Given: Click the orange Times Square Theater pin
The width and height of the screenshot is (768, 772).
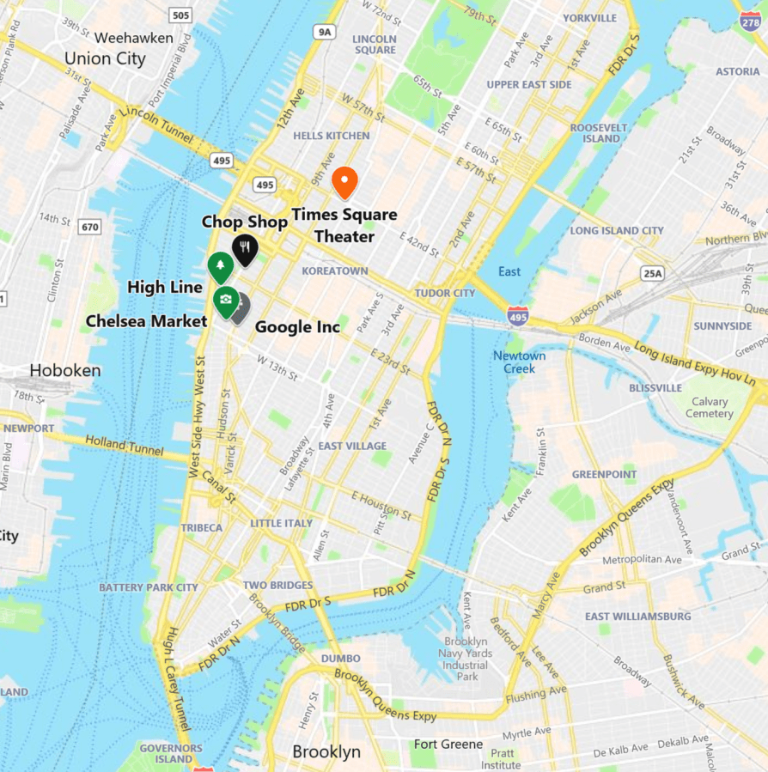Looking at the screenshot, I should pos(344,181).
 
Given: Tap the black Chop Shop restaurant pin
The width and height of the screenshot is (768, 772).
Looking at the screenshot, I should pos(246,248).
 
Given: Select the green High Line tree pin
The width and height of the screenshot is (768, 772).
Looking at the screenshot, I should pos(220,266).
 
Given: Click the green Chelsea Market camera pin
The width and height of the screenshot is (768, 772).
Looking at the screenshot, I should pos(225,300).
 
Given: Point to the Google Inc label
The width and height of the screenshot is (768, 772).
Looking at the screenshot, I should pos(297,327).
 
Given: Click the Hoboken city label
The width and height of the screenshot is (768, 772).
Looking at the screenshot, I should pos(64,370).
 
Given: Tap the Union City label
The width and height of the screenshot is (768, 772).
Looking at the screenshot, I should pos(105,59).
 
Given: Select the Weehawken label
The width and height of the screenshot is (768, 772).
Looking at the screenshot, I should pos(133,38).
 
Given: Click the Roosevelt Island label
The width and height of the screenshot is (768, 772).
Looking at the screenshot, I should pos(595,132).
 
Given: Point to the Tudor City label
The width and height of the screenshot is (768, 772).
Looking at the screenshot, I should pos(445,293).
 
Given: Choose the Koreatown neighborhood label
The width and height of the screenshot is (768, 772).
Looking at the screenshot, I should pos(334,271).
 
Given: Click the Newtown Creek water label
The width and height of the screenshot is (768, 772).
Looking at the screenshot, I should pos(519,362).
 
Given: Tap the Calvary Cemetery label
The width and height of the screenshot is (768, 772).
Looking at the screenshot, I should pos(709,407).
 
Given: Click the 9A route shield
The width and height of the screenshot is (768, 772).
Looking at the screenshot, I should pos(324,33).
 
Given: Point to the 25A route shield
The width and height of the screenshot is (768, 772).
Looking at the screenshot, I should pos(653,273).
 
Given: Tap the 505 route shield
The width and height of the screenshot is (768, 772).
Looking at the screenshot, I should pos(180,15).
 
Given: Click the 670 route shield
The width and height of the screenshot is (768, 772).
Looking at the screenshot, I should pos(88,227).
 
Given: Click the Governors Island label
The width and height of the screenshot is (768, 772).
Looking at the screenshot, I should pos(171,753).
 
